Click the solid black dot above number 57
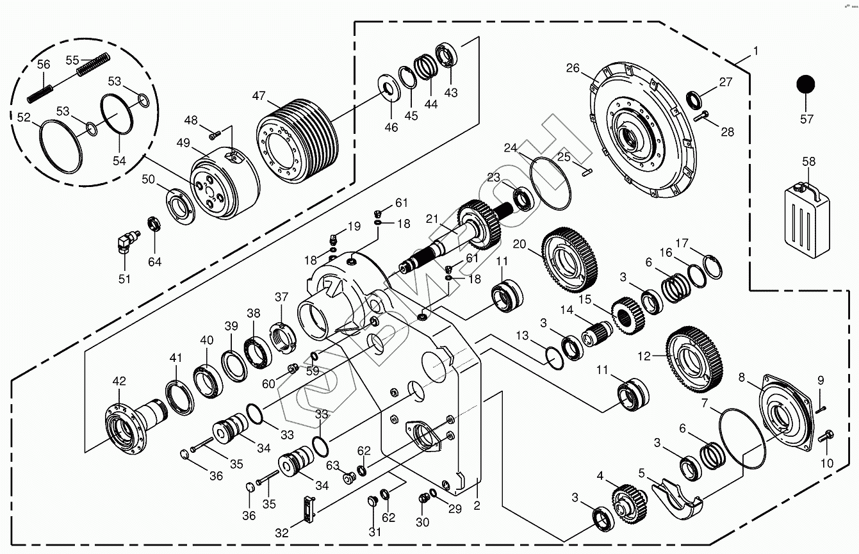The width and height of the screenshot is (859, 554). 805,85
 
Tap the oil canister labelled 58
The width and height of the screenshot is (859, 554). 807,220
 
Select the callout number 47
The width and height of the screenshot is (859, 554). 259,95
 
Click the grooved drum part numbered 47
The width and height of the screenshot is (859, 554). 298,141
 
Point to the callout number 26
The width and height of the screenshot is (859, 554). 573,68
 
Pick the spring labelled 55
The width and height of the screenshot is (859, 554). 94,65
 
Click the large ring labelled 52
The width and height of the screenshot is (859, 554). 61,147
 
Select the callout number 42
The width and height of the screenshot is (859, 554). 119,380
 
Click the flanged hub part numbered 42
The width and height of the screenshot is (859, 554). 135,425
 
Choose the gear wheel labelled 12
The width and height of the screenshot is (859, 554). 694,359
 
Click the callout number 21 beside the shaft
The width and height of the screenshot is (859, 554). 432,219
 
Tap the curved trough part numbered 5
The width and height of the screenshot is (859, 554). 677,498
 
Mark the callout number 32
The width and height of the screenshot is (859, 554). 281,533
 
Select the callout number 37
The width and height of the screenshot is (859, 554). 281,297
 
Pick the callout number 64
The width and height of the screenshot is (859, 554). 154,262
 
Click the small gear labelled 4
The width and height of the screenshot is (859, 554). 629,505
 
